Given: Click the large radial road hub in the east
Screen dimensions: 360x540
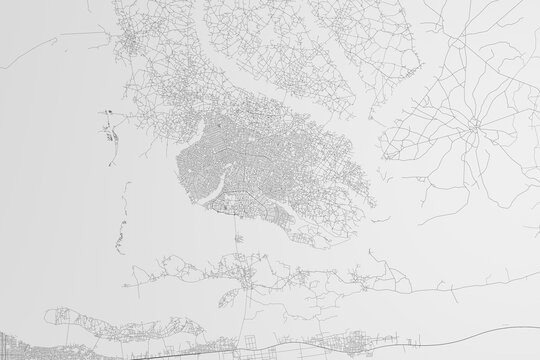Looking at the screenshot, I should click(473, 129).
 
